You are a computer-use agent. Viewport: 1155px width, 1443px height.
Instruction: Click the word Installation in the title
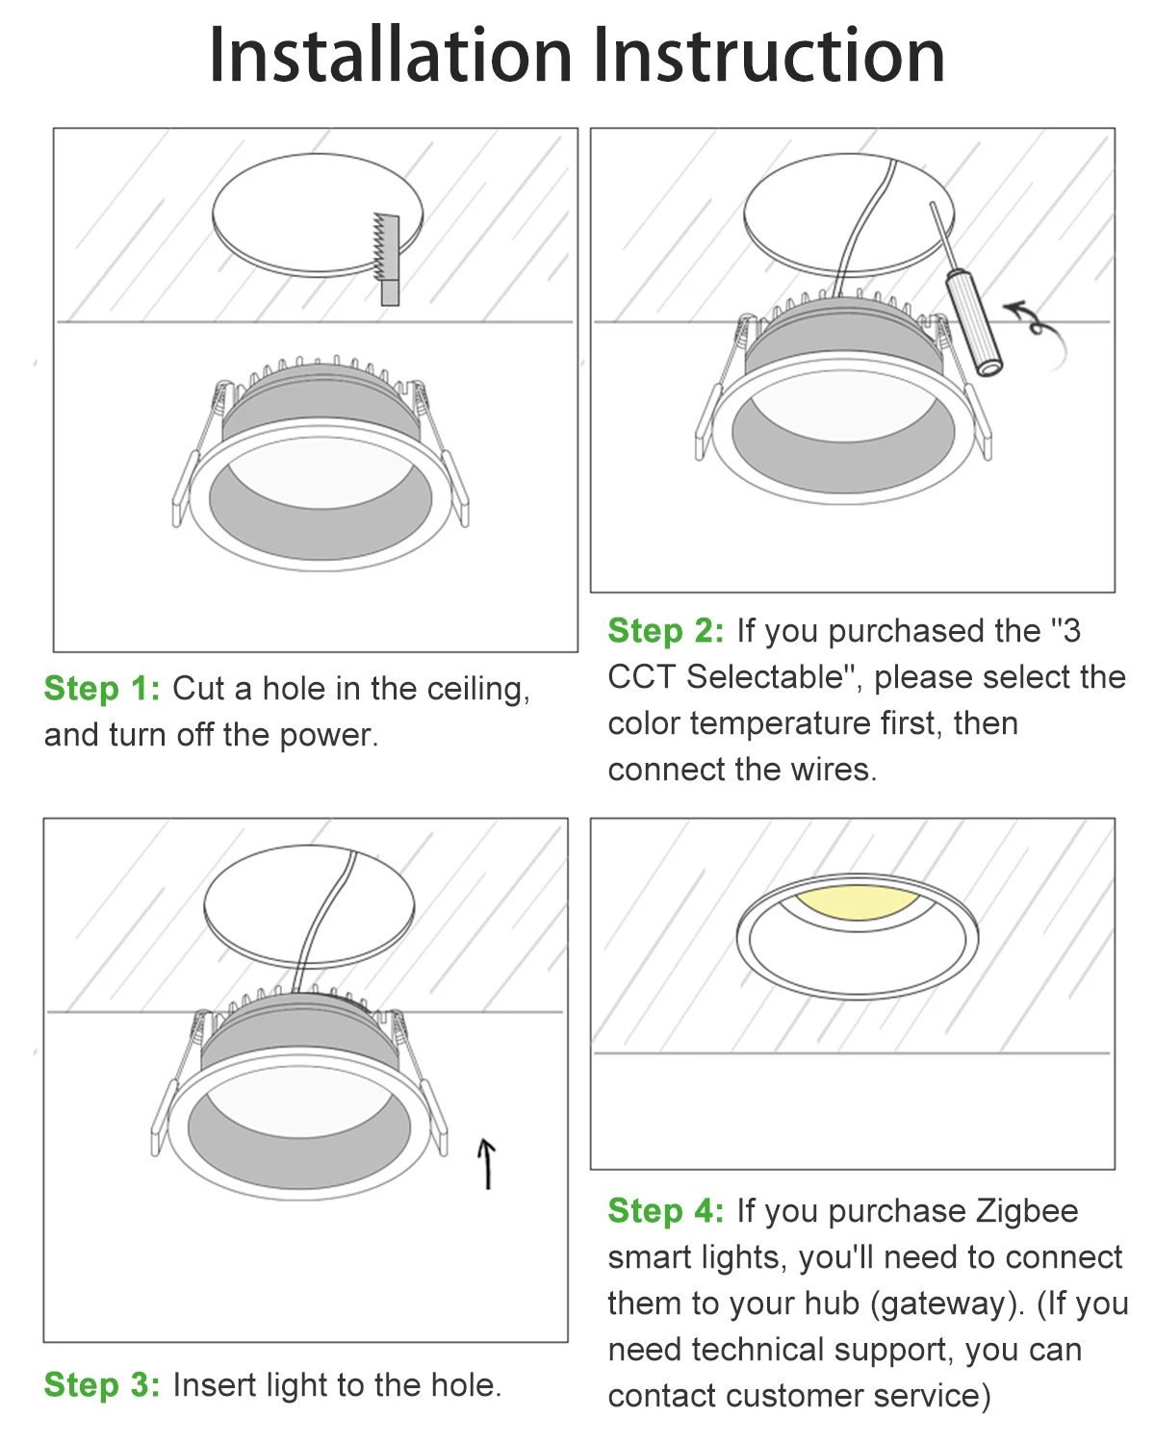(391, 56)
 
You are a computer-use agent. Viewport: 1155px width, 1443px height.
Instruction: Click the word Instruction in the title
(769, 56)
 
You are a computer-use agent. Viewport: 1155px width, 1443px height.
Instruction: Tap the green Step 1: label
(102, 689)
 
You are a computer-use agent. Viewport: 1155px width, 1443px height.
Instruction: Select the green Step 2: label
(666, 631)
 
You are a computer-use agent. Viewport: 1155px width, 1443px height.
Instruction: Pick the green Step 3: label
(102, 1385)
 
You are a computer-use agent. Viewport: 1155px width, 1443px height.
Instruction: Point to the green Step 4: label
(666, 1211)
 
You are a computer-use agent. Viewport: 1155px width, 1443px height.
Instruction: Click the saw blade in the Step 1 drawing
(386, 248)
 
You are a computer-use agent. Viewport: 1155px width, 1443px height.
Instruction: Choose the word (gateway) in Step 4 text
(946, 1304)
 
